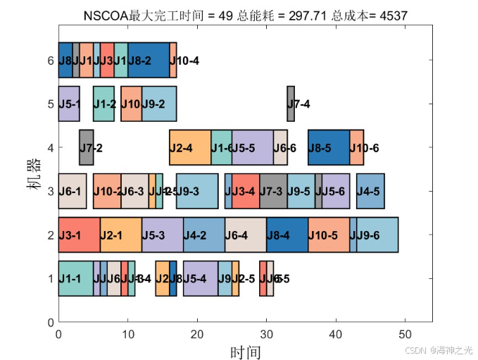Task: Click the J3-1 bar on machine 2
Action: pyautogui.click(x=79, y=235)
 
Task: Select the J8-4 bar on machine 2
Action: pyautogui.click(x=287, y=235)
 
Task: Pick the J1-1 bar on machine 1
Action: pyautogui.click(x=75, y=279)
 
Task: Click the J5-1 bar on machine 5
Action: pyautogui.click(x=69, y=104)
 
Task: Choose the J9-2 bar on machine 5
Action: pyautogui.click(x=158, y=104)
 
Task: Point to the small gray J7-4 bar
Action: pyautogui.click(x=291, y=104)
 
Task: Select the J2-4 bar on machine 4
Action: pyautogui.click(x=190, y=148)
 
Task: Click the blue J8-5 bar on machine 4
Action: pyautogui.click(x=329, y=148)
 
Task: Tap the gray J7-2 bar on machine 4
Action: pyautogui.click(x=86, y=148)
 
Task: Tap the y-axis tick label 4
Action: pyautogui.click(x=50, y=148)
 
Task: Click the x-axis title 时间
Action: pyautogui.click(x=245, y=351)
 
